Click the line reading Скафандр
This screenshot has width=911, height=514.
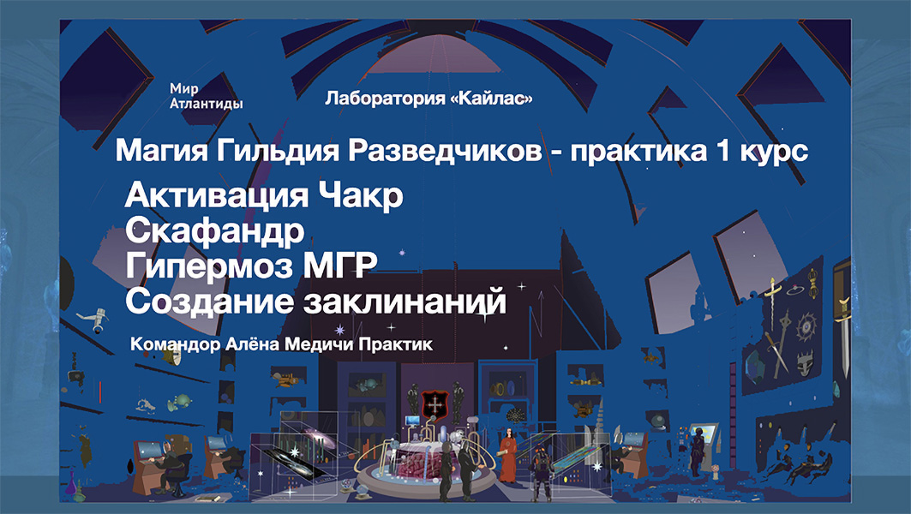(214, 231)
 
